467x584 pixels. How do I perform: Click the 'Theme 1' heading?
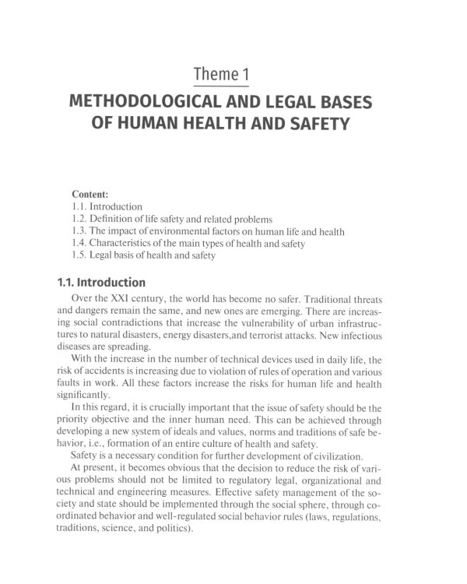[x=233, y=76]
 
